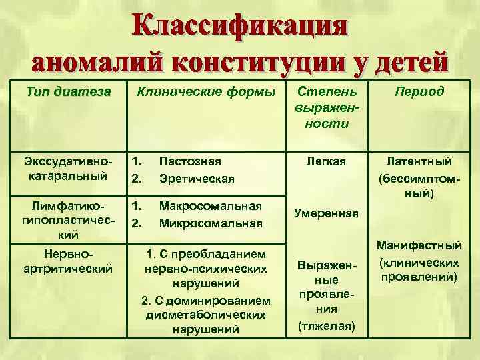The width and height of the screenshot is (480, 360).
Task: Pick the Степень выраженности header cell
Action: [x=326, y=107]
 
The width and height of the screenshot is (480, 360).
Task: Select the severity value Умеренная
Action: [x=326, y=214]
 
